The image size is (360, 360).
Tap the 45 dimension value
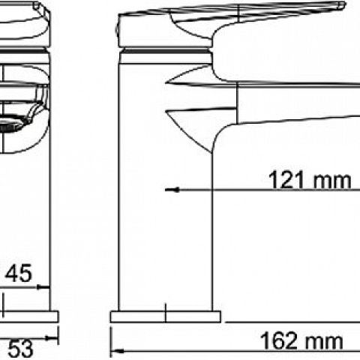point(19,273)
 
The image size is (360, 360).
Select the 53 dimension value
point(21,349)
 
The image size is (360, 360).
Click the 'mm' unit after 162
point(322,342)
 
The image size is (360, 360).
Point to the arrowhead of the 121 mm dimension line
point(172,190)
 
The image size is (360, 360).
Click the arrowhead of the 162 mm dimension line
point(117,351)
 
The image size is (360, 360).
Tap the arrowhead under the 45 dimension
point(43,287)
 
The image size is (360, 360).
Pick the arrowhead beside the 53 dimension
point(52,338)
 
